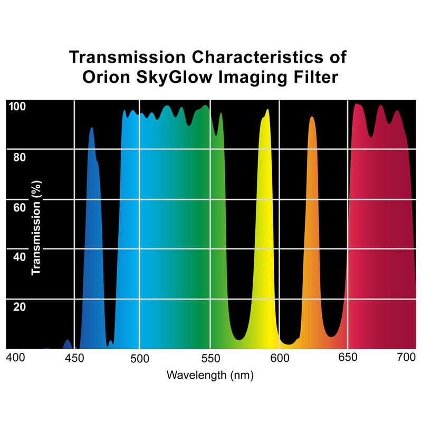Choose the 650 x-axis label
click(348, 358)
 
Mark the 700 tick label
click(406, 358)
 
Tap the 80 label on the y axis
click(19, 157)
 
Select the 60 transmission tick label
click(19, 207)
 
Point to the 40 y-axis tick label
click(19, 257)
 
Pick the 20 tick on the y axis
click(19, 306)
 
